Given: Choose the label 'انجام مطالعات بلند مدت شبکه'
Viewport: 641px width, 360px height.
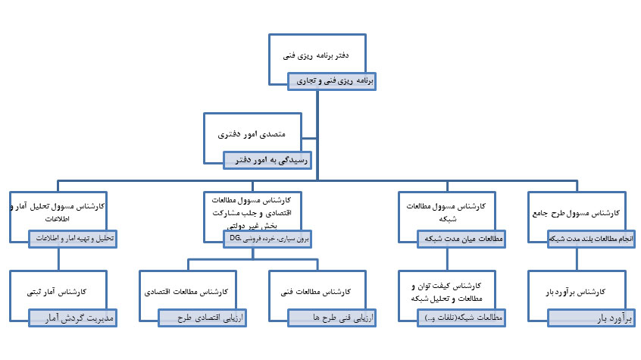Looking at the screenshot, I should [593, 238].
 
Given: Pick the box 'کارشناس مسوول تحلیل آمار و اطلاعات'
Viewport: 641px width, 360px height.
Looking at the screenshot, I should [58, 210].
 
